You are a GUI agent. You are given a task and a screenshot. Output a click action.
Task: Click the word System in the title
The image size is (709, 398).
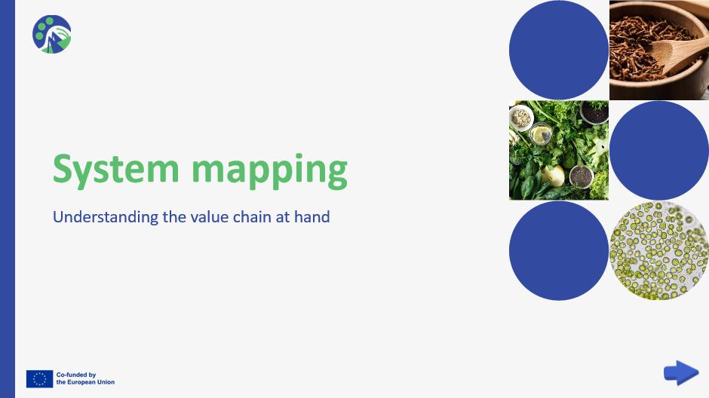click(115, 170)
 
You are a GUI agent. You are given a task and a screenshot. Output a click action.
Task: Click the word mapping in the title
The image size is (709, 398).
click(269, 171)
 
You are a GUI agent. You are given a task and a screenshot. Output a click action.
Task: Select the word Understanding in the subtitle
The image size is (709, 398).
click(106, 217)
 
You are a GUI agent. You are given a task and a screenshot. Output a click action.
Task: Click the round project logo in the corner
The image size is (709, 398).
click(52, 35)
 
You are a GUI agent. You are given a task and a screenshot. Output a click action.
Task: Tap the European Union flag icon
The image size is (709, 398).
click(39, 379)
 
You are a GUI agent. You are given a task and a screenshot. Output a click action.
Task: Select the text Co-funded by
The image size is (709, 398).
click(76, 375)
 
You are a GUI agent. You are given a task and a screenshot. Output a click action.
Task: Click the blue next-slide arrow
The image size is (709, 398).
click(681, 372)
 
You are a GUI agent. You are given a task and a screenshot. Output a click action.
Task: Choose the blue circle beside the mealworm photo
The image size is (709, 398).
click(559, 50)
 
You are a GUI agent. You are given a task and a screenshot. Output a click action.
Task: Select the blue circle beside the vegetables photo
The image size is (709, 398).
click(659, 151)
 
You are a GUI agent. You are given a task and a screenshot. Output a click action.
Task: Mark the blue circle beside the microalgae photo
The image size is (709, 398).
click(559, 251)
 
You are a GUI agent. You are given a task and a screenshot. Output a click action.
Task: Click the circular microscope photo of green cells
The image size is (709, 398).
click(659, 251)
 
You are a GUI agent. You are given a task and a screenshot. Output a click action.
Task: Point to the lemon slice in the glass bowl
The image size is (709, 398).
click(542, 135)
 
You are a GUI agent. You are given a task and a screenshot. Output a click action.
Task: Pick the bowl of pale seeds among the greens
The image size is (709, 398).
click(521, 118)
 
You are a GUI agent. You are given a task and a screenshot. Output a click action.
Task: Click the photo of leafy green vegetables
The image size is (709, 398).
click(559, 151)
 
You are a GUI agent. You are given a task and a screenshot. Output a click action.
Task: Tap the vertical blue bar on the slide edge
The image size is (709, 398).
click(8, 199)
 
